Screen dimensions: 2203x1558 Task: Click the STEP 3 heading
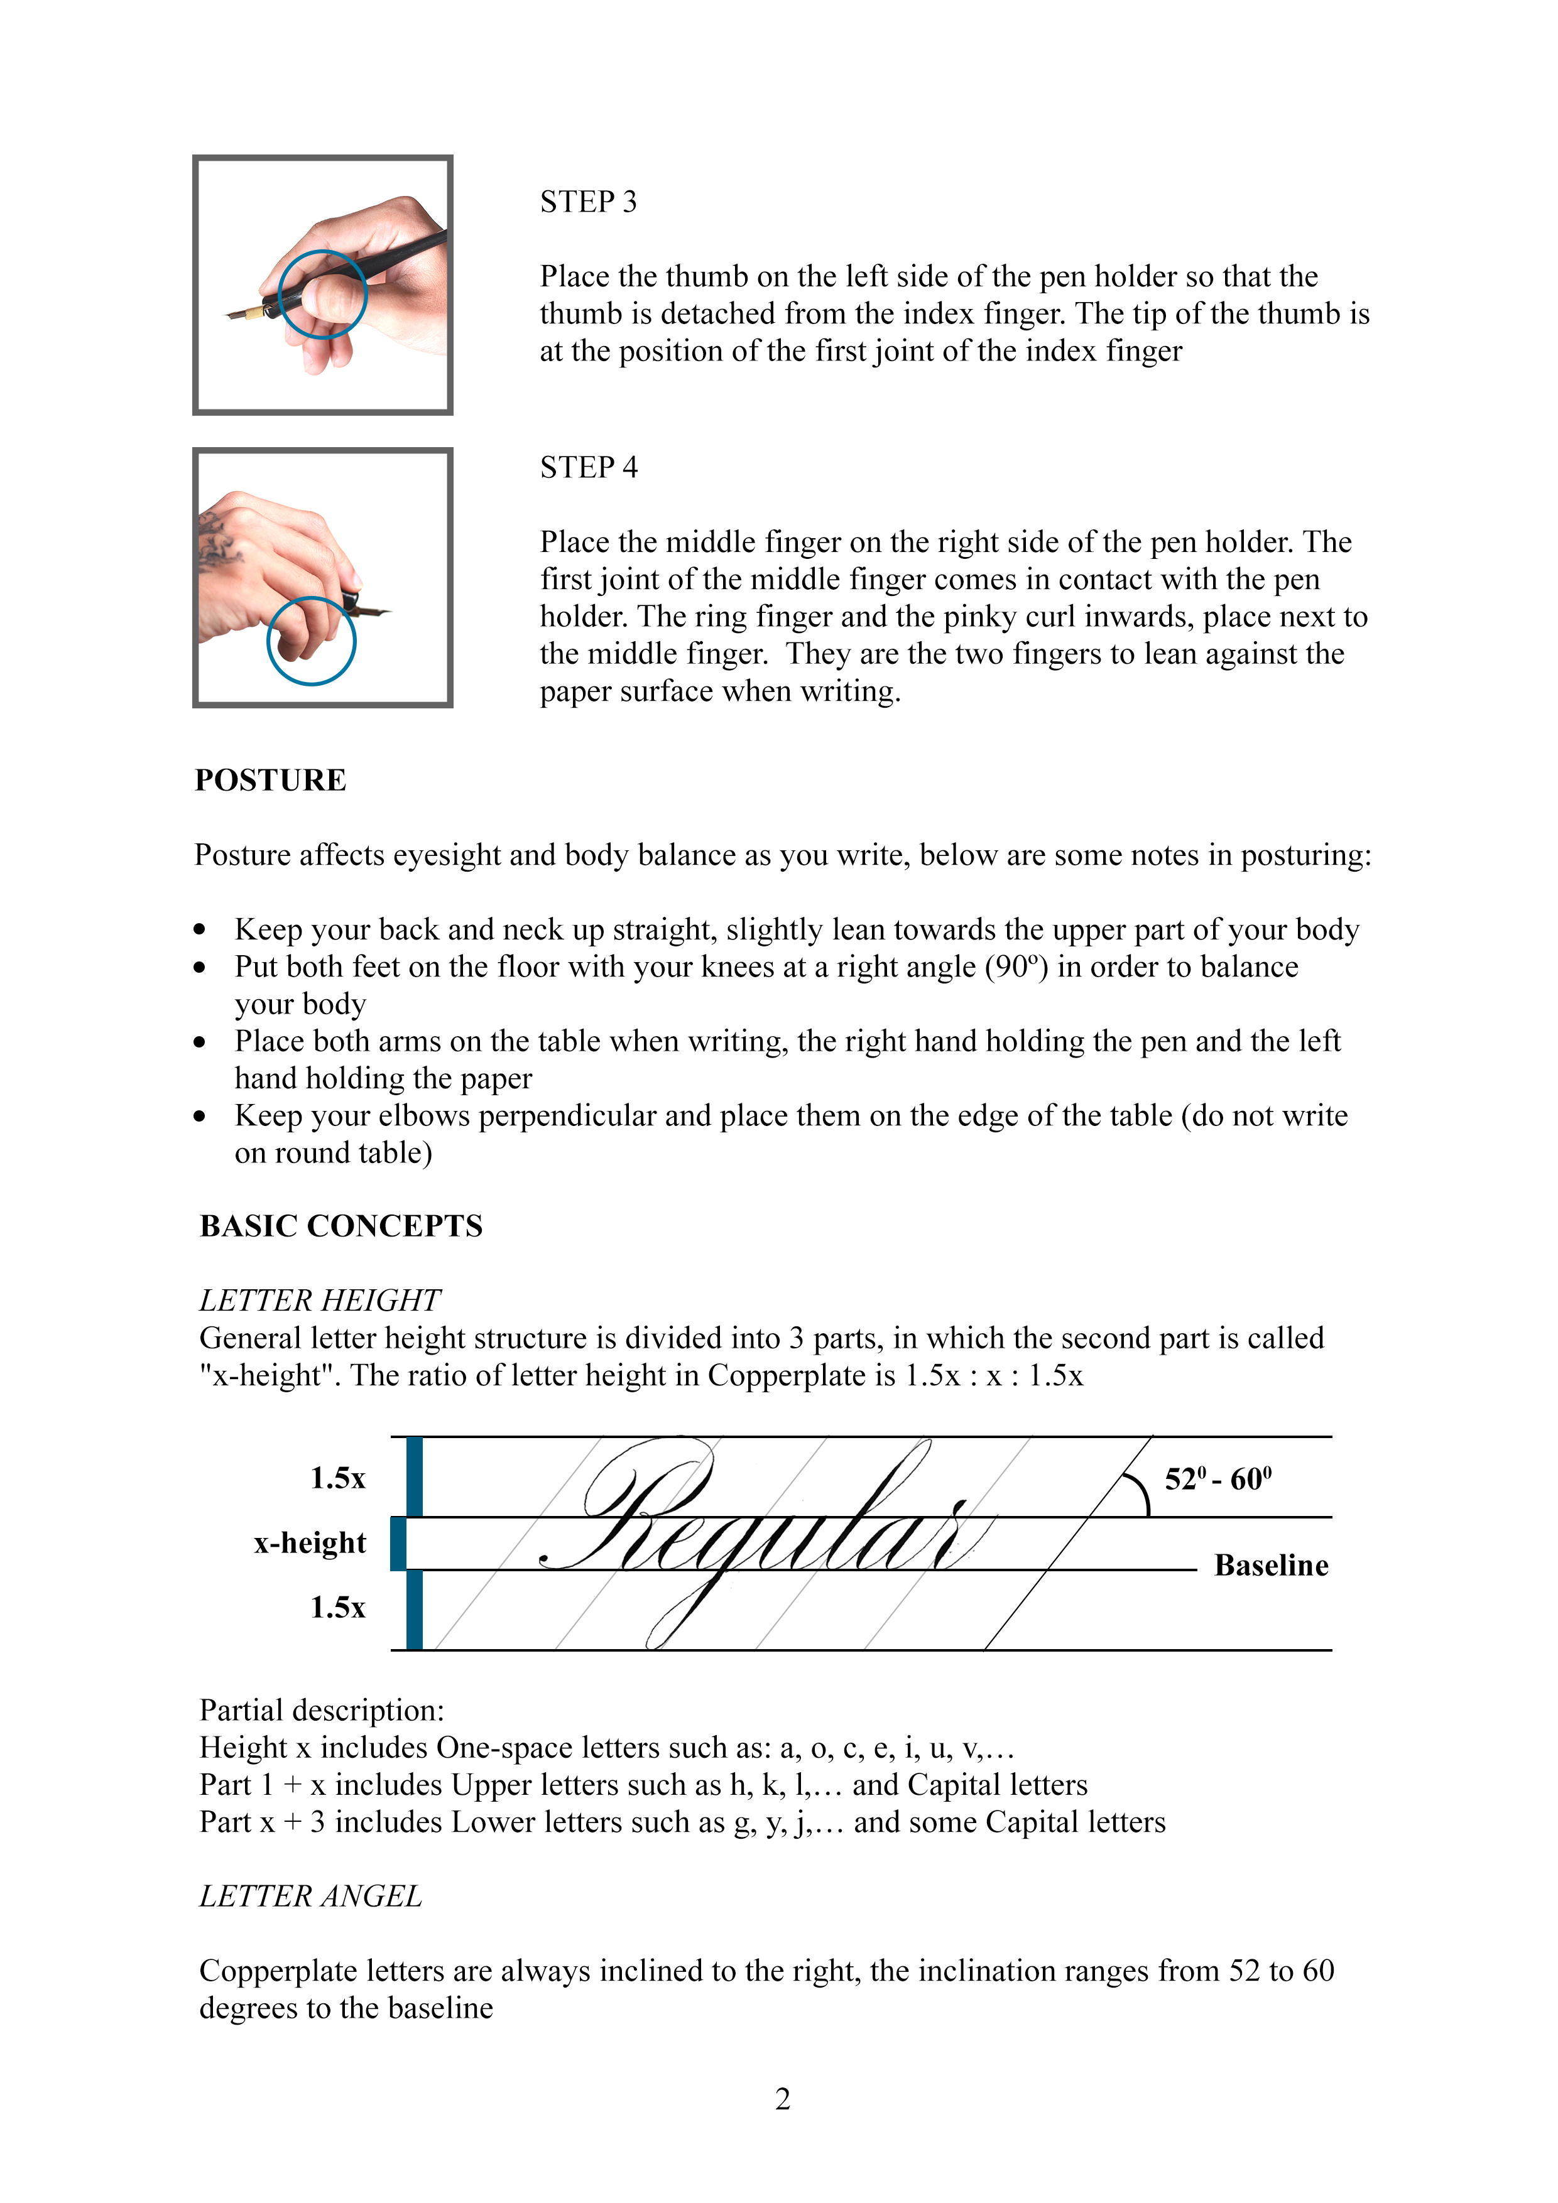pyautogui.click(x=587, y=202)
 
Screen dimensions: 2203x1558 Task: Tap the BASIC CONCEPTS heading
pyautogui.click(x=340, y=1226)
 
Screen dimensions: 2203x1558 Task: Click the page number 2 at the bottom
pyautogui.click(x=782, y=2099)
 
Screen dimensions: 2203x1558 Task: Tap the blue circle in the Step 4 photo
pyautogui.click(x=311, y=641)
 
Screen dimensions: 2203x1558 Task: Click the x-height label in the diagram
pyautogui.click(x=309, y=1543)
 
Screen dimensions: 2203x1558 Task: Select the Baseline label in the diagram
pyautogui.click(x=1271, y=1566)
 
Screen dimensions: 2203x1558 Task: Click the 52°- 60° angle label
pyautogui.click(x=1218, y=1478)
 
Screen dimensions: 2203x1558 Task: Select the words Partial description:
pyautogui.click(x=322, y=1710)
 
